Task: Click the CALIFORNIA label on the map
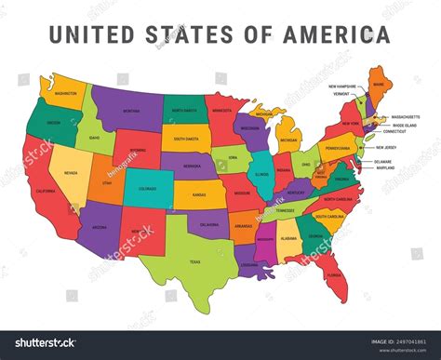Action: (x=47, y=190)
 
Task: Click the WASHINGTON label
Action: (x=65, y=93)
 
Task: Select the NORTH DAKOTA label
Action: (x=185, y=110)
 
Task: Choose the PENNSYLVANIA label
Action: (x=337, y=148)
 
